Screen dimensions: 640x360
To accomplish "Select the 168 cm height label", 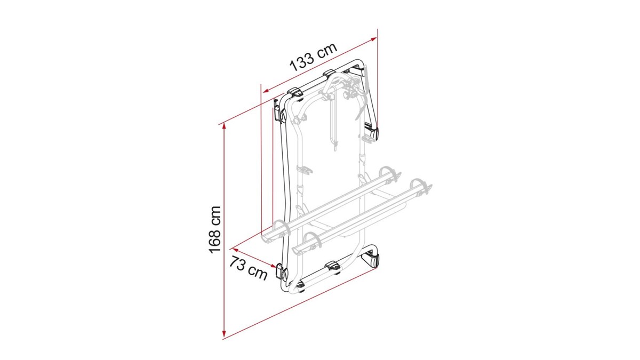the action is coord(215,230).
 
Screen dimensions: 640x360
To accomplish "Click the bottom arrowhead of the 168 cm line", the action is coord(224,333).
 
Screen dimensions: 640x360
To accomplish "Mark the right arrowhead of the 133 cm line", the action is coord(373,39).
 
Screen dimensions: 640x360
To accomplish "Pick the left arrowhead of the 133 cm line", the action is coord(266,91).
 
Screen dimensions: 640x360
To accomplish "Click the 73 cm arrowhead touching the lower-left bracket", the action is coord(273,266).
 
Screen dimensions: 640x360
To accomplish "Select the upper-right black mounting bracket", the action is coord(371,131).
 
